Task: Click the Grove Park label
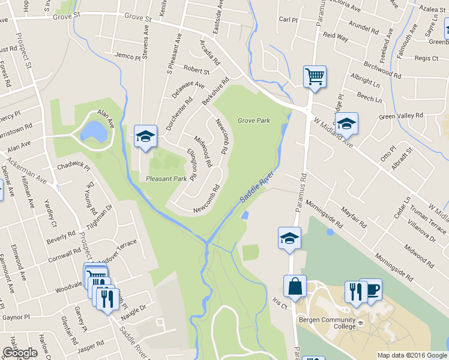(x=253, y=121)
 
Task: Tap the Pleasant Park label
(x=166, y=178)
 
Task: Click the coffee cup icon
(x=372, y=289)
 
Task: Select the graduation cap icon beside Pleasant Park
(x=145, y=137)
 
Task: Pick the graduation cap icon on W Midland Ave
(x=346, y=124)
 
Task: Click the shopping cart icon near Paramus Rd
(x=315, y=77)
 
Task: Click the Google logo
(x=20, y=353)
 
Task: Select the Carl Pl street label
(x=288, y=19)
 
